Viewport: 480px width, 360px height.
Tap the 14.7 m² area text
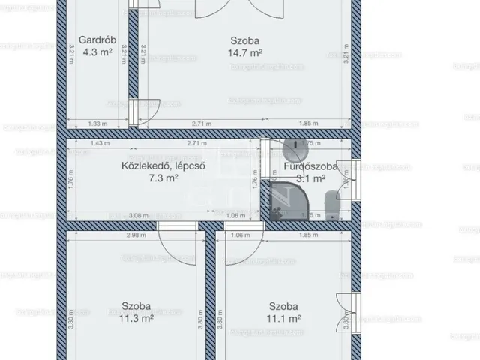tap(245, 53)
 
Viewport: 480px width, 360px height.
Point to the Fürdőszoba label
tap(304, 166)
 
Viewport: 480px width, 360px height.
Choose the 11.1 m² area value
tap(285, 318)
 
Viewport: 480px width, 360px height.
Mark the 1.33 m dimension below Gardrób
tap(95, 123)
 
